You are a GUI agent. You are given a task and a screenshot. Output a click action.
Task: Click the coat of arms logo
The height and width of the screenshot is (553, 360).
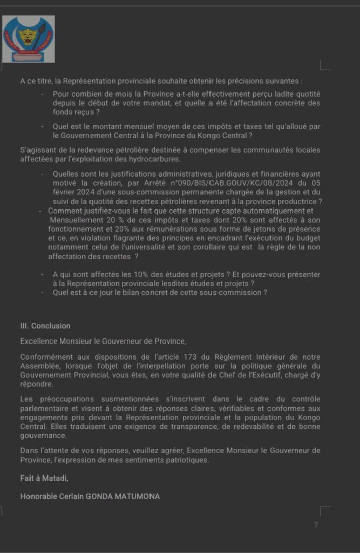[x=29, y=38]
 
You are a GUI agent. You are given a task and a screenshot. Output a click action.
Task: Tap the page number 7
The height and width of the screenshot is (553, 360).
[x=316, y=525]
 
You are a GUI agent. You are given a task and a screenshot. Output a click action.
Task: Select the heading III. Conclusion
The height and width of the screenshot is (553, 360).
[x=45, y=326]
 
